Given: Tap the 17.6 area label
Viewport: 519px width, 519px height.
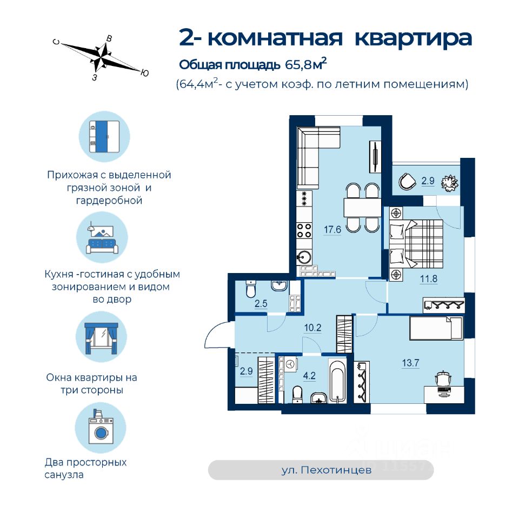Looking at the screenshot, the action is (x=333, y=229).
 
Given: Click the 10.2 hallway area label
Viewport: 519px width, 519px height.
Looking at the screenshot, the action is (x=313, y=327).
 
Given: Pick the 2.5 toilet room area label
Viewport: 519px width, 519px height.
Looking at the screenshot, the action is (x=262, y=303).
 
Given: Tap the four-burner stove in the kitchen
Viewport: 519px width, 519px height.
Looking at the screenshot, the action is (x=304, y=231).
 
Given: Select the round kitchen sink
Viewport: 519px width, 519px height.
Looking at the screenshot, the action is (x=305, y=256).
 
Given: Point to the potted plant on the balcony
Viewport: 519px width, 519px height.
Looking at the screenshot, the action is (x=448, y=183).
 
